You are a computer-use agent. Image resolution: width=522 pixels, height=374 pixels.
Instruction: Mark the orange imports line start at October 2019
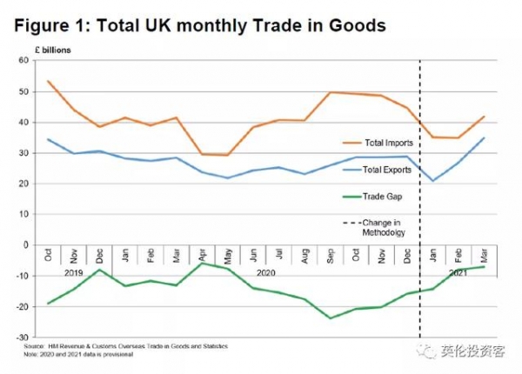(47, 81)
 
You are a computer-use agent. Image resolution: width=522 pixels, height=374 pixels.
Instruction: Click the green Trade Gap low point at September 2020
(331, 317)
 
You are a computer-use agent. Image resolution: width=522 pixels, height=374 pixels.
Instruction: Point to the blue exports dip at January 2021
(433, 181)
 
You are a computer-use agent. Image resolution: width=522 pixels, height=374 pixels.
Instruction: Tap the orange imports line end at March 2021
(484, 117)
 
